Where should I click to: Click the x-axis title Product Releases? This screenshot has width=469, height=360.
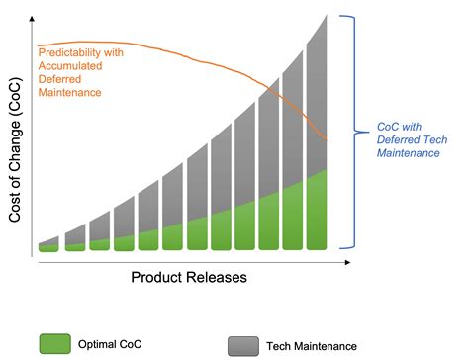pyautogui.click(x=189, y=278)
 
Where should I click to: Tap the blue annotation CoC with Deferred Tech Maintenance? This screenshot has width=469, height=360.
pyautogui.click(x=408, y=139)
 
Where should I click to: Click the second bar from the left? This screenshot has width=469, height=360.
pyautogui.click(x=75, y=242)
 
